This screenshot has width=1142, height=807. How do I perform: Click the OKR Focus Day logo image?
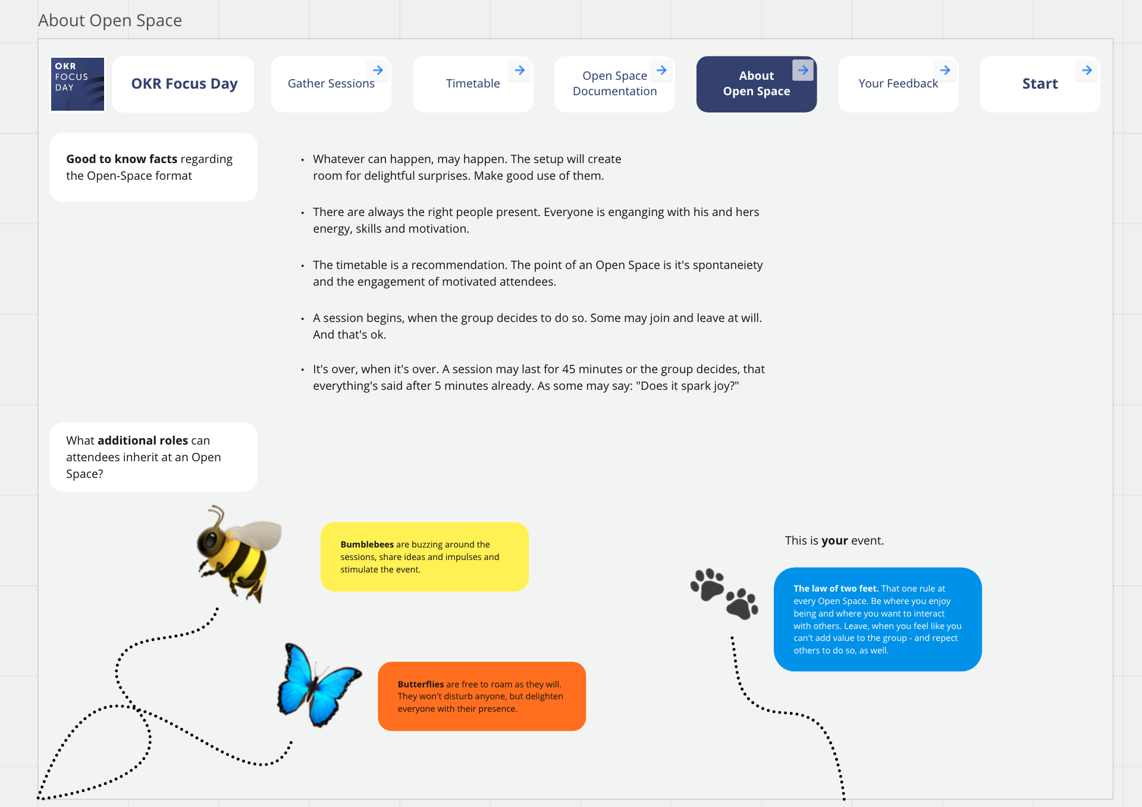[x=77, y=84]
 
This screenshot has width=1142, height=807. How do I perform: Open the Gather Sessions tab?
[x=331, y=84]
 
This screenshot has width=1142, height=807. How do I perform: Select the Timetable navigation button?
[x=473, y=84]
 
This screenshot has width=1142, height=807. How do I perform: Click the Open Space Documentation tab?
[x=614, y=84]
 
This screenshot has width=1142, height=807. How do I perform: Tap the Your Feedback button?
[x=898, y=84]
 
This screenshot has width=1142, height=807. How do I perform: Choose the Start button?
[x=1040, y=84]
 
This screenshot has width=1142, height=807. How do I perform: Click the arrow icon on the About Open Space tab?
[x=803, y=70]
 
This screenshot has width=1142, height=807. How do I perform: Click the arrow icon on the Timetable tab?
[x=520, y=70]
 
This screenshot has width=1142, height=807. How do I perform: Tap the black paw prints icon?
[x=724, y=593]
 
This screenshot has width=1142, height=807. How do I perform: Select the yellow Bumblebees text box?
[x=424, y=556]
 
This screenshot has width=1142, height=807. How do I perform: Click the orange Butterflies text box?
[x=482, y=696]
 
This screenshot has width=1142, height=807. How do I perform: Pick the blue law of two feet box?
[x=877, y=619]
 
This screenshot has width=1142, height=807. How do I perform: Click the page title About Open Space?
[x=110, y=20]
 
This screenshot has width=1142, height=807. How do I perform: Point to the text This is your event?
[x=834, y=540]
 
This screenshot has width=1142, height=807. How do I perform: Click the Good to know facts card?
[x=153, y=167]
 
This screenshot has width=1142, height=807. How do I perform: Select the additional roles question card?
[x=153, y=457]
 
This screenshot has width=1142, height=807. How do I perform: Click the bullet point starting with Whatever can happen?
[x=466, y=167]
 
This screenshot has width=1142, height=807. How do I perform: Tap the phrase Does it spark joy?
[x=688, y=386]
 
